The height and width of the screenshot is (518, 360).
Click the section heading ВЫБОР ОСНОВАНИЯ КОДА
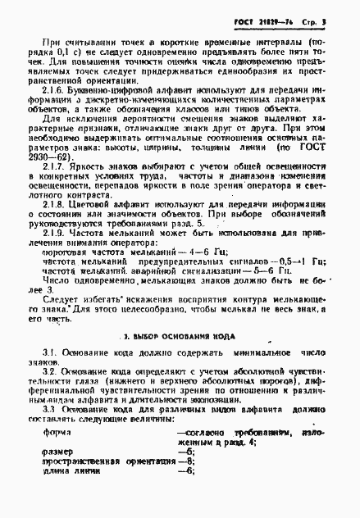189,360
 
